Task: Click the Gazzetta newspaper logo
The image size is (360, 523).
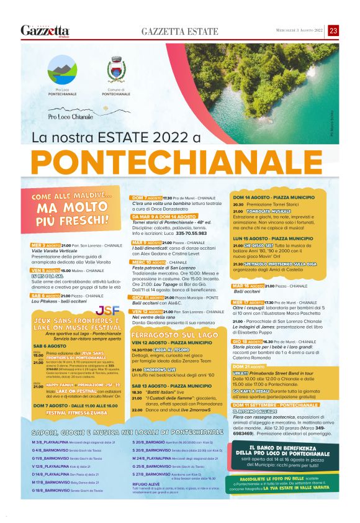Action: (x=45, y=30)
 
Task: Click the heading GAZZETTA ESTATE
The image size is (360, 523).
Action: (x=180, y=31)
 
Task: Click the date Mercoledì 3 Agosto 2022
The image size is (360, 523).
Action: (x=300, y=30)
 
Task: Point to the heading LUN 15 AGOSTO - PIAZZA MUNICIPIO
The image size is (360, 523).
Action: (x=272, y=238)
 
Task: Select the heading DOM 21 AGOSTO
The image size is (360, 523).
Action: (x=249, y=366)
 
